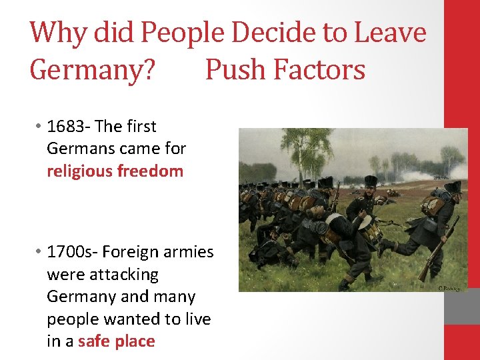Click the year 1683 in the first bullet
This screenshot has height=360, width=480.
click(65, 127)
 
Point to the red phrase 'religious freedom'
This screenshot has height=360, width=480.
click(115, 171)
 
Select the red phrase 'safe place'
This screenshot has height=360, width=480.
click(116, 341)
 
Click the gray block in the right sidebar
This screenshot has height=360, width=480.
click(462, 307)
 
